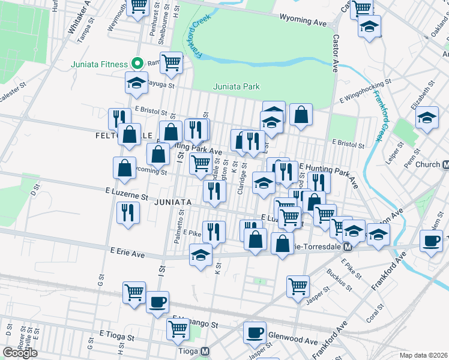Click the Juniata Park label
click(x=237, y=87)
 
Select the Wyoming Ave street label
click(x=304, y=21)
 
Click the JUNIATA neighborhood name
click(x=172, y=203)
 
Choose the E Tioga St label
click(x=118, y=335)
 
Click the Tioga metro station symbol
click(x=205, y=352)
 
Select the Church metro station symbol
click(x=446, y=164)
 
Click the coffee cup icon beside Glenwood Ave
click(x=255, y=331)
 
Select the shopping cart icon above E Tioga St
click(x=178, y=328)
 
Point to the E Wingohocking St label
click(x=365, y=82)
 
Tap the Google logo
click(x=20, y=353)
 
